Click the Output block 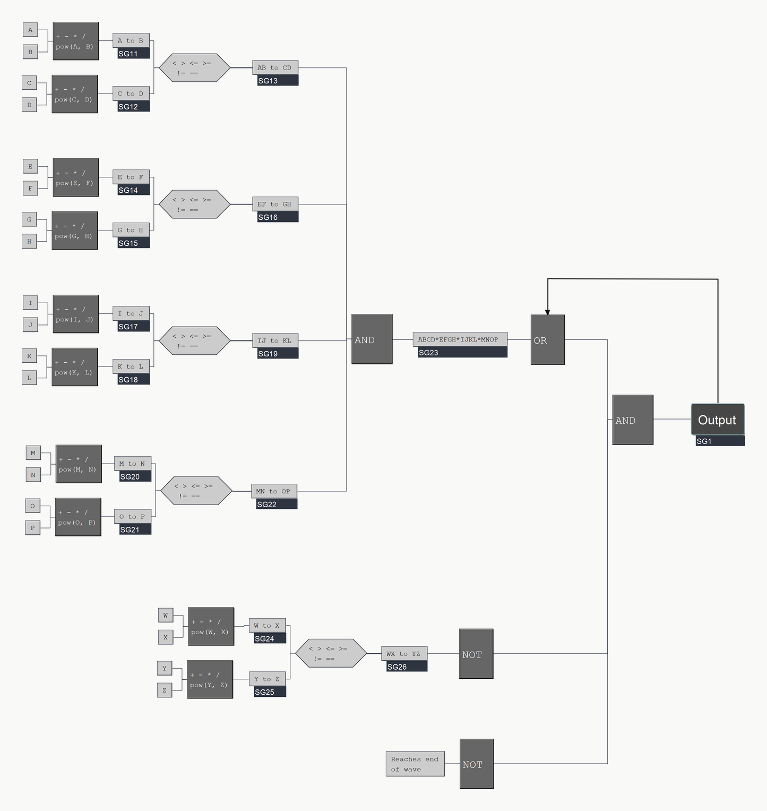coord(717,420)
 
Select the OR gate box coord(547,340)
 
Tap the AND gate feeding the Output coord(632,420)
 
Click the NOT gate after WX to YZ coord(476,654)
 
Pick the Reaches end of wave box coord(415,764)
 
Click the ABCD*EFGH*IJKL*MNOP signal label coord(459,339)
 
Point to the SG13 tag coord(275,81)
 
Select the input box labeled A coord(30,30)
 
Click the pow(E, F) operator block coord(75,177)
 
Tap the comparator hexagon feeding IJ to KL coord(194,340)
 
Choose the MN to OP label coord(273,491)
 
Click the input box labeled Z coord(165,690)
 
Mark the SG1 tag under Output coord(719,441)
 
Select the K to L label coord(131,366)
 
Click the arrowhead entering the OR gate coord(547,312)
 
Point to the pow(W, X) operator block coord(211,627)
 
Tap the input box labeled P coord(32,528)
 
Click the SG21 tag coord(132,530)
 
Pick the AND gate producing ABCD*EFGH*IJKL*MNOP coord(372,339)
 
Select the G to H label coord(131,230)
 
